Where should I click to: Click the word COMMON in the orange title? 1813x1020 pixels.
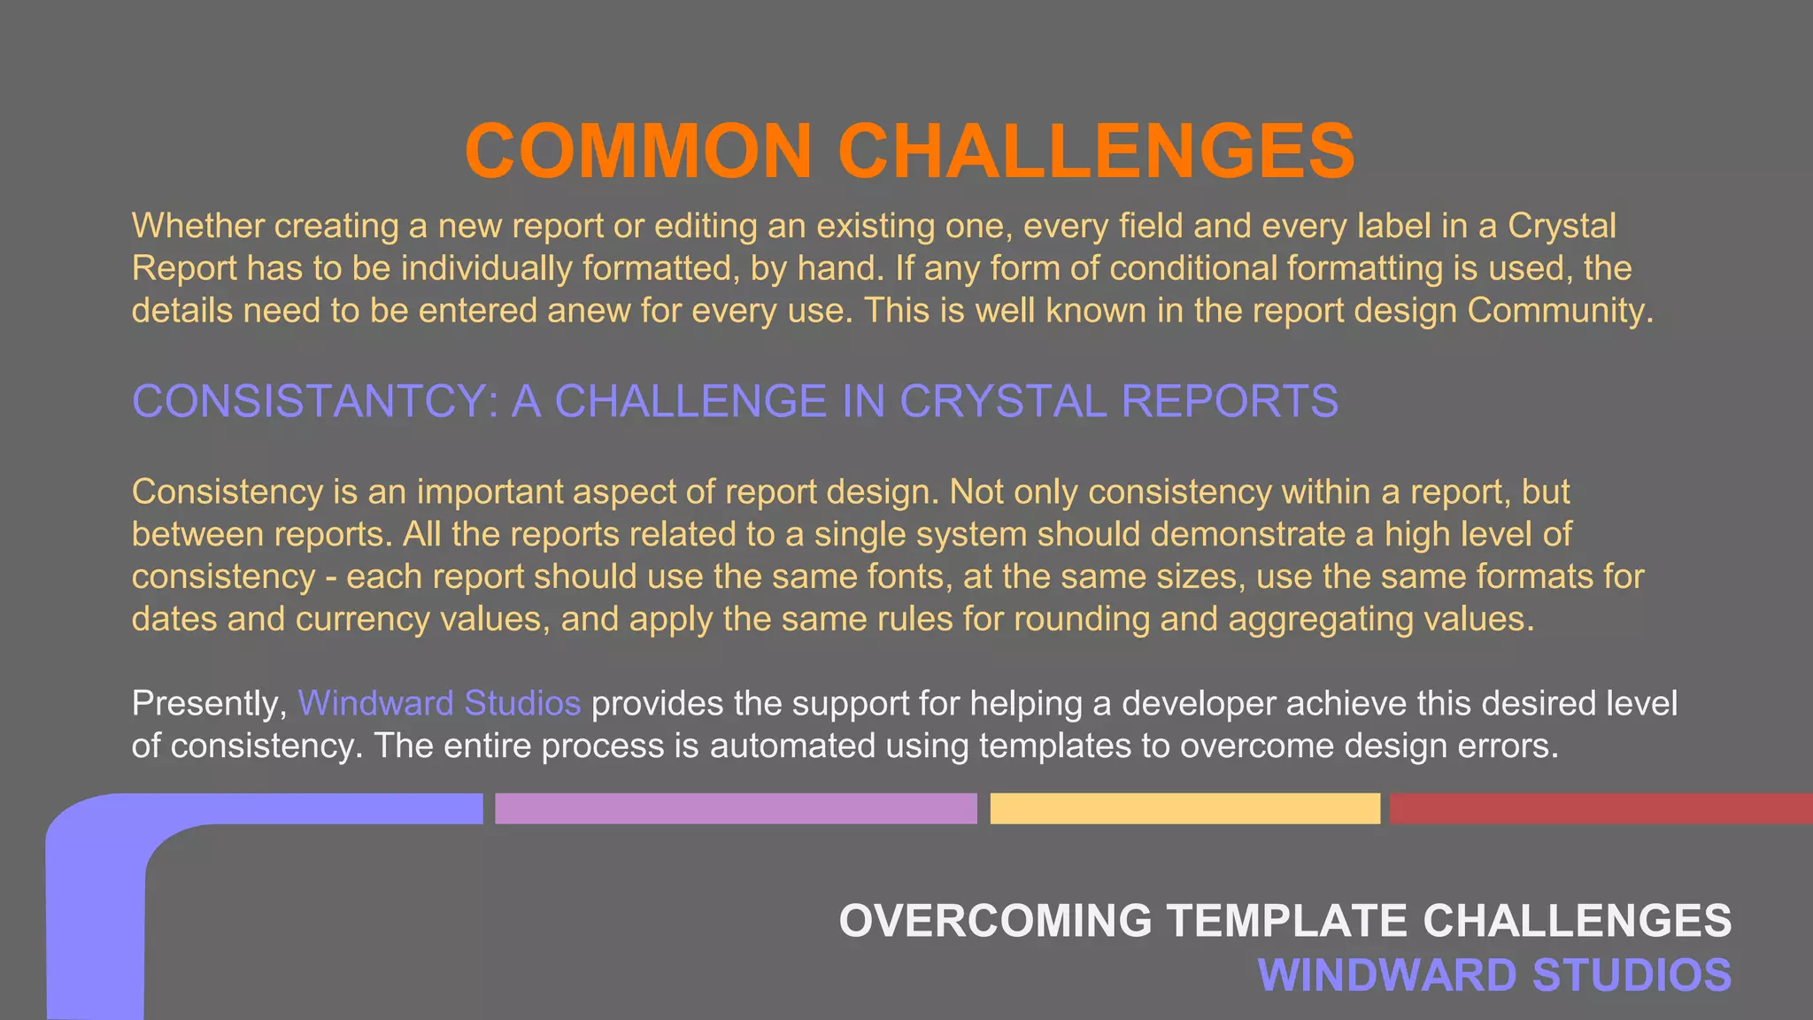[x=638, y=151]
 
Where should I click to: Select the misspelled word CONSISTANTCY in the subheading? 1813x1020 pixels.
[x=314, y=401]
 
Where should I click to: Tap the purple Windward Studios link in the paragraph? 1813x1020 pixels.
[x=439, y=703]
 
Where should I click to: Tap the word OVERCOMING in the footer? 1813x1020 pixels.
[x=995, y=921]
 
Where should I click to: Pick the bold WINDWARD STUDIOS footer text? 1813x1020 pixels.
[x=1494, y=975]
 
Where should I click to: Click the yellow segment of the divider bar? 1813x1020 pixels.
[x=1184, y=808]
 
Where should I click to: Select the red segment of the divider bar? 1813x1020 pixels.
[x=1601, y=808]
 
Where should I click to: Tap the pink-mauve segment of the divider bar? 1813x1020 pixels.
[x=736, y=808]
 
